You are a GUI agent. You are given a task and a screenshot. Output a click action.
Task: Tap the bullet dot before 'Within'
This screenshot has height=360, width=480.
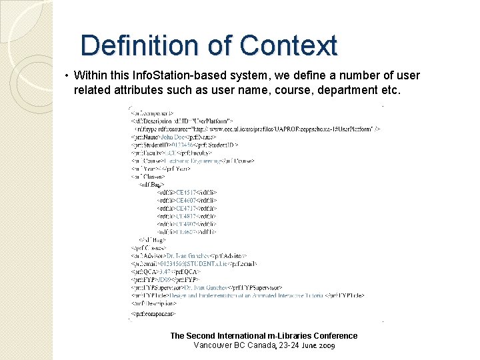(x=68, y=76)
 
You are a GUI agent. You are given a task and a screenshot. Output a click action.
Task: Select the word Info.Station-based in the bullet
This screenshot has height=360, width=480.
(x=170, y=76)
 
